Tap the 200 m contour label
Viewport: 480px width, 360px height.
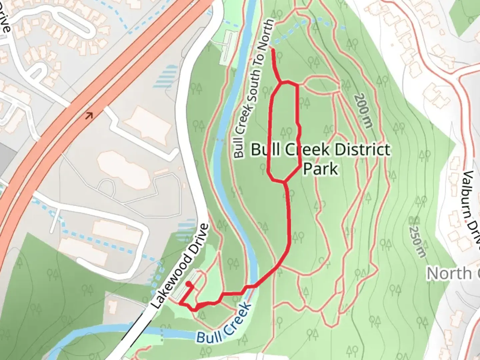(x=363, y=111)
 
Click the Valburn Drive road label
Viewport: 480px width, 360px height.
(x=472, y=207)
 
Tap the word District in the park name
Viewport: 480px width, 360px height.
(x=362, y=150)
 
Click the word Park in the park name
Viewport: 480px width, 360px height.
(x=320, y=169)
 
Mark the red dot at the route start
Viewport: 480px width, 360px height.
(x=189, y=284)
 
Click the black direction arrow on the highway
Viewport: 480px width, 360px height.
(x=89, y=116)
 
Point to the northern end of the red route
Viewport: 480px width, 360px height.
(x=273, y=50)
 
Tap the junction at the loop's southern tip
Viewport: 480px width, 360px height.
(x=284, y=182)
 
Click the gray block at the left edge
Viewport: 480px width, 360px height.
(x=7, y=160)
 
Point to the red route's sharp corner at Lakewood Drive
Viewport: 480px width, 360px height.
(x=180, y=303)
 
